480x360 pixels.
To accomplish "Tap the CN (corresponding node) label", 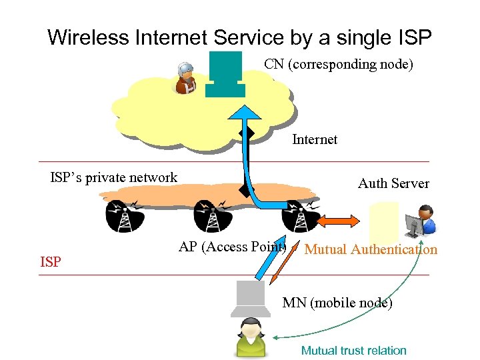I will tap(339, 65).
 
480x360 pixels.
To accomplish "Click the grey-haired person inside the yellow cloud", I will tap(185, 78).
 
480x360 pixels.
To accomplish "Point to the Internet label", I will tap(315, 139).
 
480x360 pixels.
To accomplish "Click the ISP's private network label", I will tap(114, 177).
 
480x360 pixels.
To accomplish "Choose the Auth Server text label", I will tap(393, 183).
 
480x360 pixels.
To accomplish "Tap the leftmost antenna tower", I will tap(125, 215).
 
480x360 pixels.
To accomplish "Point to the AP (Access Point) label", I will tap(233, 247).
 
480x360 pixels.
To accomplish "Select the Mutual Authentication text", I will tap(371, 250).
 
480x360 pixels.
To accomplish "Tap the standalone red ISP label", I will tap(51, 262).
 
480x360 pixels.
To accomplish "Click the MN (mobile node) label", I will tap(337, 303).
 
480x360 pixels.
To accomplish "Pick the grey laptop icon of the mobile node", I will tap(250, 299).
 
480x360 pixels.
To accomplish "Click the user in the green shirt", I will tap(251, 337).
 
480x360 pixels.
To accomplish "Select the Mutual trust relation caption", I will tap(353, 351).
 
